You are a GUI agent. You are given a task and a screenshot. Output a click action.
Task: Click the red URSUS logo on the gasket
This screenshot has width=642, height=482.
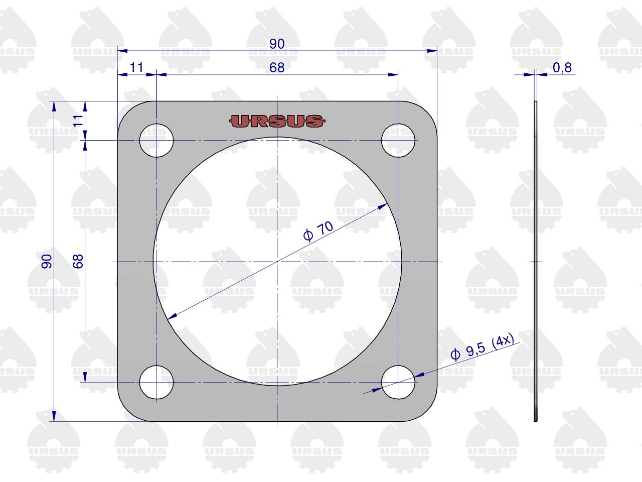point(277,121)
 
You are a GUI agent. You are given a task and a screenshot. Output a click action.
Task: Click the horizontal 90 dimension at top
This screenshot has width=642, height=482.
point(277,44)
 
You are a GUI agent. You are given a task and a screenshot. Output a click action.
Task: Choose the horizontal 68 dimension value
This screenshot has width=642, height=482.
point(277,68)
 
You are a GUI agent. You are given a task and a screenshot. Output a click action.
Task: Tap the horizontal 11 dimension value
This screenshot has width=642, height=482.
point(136,68)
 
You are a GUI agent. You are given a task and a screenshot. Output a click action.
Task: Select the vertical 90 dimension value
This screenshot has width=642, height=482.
point(47,262)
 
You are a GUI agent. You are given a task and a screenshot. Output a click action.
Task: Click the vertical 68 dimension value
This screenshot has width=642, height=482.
point(78,262)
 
